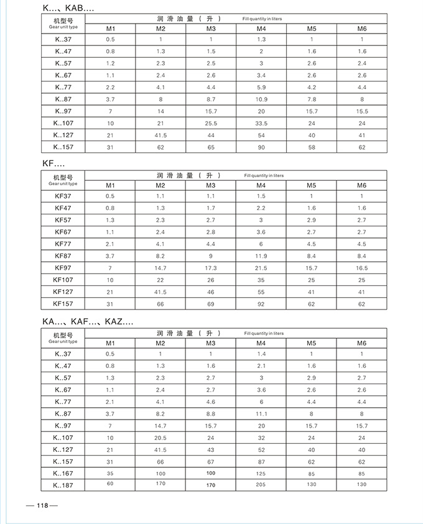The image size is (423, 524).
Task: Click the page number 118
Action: (42, 505)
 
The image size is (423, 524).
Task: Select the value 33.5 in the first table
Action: (261, 123)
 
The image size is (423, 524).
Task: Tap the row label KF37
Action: (63, 196)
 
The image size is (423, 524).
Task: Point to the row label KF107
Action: (63, 279)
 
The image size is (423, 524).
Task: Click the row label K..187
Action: (63, 485)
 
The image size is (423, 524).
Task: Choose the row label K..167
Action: (63, 473)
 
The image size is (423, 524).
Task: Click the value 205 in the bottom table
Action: (261, 485)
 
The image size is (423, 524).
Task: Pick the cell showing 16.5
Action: (361, 268)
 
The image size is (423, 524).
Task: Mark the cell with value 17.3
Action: (211, 268)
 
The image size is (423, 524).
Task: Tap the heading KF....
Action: (53, 163)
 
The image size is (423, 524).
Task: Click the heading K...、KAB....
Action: (68, 9)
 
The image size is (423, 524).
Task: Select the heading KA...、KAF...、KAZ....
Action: (87, 321)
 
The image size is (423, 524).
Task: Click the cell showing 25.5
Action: (211, 123)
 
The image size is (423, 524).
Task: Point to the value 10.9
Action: (261, 99)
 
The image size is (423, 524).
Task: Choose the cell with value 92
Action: (261, 303)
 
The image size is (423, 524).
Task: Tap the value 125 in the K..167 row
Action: (261, 474)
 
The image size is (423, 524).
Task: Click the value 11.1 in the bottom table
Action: (261, 413)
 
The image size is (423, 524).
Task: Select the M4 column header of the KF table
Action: (261, 185)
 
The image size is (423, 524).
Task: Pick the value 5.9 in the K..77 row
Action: (261, 88)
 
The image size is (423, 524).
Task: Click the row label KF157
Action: (63, 303)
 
